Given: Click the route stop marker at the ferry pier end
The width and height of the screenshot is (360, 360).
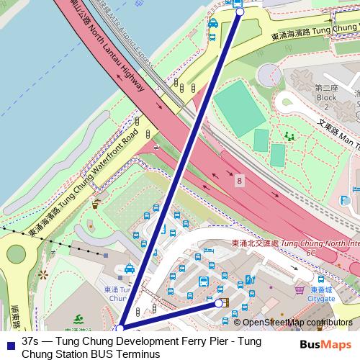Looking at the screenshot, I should pos(240,12).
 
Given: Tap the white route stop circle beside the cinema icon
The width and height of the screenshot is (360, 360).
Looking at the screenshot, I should pos(219,303).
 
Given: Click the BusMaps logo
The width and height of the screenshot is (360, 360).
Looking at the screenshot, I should pos(325,345).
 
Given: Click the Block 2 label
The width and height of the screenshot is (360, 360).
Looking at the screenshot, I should pos(326,93).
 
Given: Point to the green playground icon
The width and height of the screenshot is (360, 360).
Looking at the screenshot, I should pos(291,135).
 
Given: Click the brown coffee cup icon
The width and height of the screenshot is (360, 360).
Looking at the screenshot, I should pos(95,204).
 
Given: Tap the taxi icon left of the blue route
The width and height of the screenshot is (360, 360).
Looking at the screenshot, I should pos(130,269).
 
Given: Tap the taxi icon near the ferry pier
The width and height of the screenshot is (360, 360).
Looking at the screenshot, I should pos(212,24).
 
